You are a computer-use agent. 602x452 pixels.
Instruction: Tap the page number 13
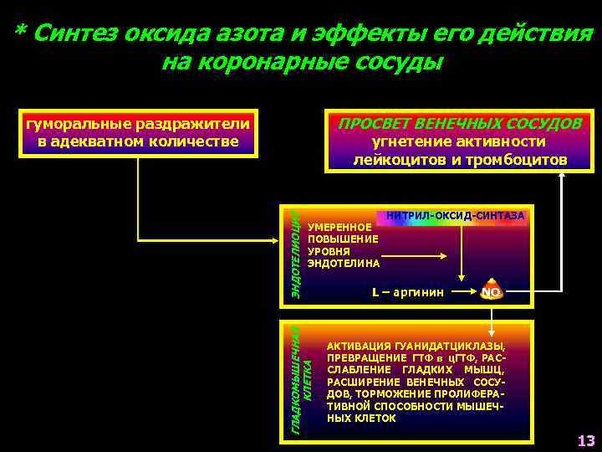585,440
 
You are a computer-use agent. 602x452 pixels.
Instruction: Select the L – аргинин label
408,292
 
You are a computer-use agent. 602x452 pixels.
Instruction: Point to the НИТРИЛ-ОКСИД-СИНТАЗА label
456,216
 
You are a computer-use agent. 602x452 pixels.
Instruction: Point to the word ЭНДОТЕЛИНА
344,263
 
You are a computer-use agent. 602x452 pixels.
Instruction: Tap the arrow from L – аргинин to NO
464,292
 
